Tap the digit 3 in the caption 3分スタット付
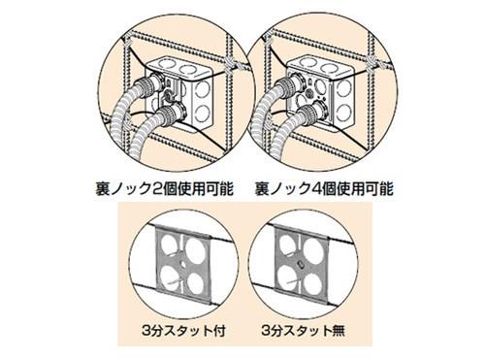[x=146, y=331]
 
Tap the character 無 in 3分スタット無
[x=339, y=331]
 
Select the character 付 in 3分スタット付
[x=218, y=331]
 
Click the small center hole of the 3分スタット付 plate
[x=183, y=264]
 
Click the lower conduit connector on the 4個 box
[x=311, y=113]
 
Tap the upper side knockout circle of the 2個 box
[x=203, y=89]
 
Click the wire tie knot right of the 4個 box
[x=371, y=64]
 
